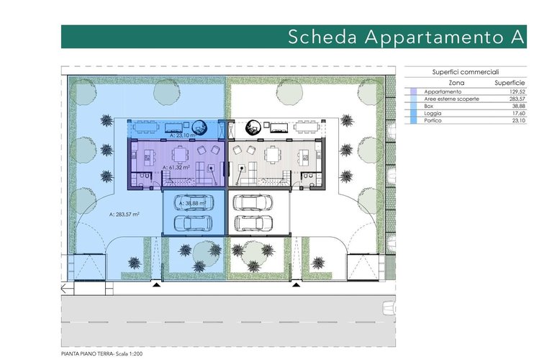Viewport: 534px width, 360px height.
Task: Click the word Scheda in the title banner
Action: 322,37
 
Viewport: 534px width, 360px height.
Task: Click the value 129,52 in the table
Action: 517,91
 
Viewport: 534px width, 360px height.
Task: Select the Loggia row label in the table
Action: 433,114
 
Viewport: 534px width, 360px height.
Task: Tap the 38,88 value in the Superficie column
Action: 518,106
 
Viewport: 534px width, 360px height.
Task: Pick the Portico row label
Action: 433,120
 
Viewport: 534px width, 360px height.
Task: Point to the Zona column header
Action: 456,83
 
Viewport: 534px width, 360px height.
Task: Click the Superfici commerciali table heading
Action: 466,72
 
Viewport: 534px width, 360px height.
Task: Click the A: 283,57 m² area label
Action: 124,215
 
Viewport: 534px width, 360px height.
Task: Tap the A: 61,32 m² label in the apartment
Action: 176,168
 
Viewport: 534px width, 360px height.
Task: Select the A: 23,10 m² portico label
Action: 183,135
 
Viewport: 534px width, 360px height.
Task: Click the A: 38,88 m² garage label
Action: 192,203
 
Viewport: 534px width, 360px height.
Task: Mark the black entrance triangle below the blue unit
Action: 156,284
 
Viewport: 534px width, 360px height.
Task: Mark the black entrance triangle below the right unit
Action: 297,284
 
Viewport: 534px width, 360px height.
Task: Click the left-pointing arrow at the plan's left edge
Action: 67,289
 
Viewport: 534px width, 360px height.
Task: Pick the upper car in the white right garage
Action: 253,202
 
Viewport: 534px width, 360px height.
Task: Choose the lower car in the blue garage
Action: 193,223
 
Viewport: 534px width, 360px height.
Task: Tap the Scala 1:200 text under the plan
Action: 129,354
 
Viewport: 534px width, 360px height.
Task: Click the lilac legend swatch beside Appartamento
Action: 413,91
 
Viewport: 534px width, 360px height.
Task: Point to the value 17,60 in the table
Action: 519,114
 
